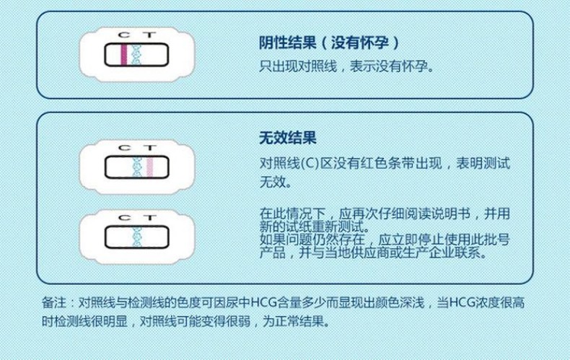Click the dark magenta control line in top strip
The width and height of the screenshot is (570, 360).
(124, 55)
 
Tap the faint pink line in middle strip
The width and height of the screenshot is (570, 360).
(150, 167)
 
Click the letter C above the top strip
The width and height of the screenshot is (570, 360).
(124, 35)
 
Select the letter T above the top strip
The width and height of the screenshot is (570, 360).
(149, 35)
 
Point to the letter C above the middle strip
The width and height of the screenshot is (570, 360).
(124, 148)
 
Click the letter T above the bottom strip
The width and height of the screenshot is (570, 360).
(149, 217)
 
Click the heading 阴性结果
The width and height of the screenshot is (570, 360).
(288, 43)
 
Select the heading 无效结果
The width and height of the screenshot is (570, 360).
(288, 138)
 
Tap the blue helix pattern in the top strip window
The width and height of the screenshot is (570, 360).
(136, 55)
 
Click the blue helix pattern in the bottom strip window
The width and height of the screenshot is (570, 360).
(137, 237)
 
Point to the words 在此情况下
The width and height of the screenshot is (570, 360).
(292, 214)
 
